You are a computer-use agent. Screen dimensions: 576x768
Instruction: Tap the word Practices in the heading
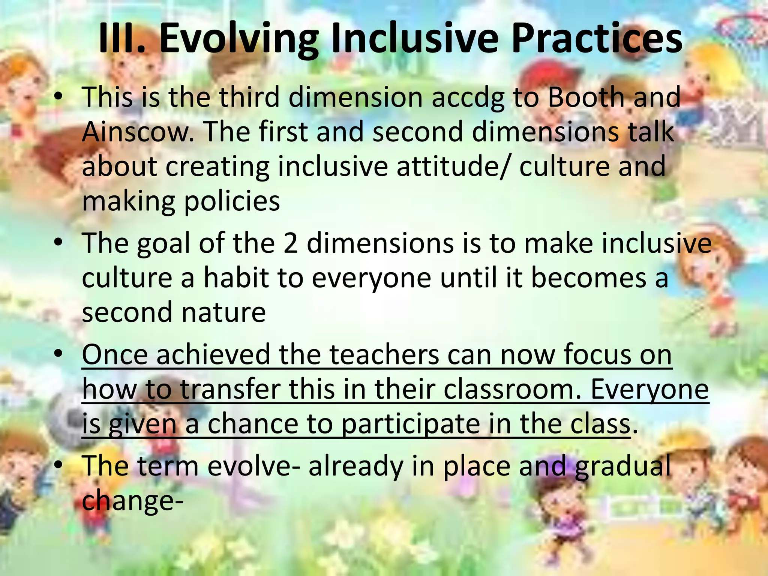596,39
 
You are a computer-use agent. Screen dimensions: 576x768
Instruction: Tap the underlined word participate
411,424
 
